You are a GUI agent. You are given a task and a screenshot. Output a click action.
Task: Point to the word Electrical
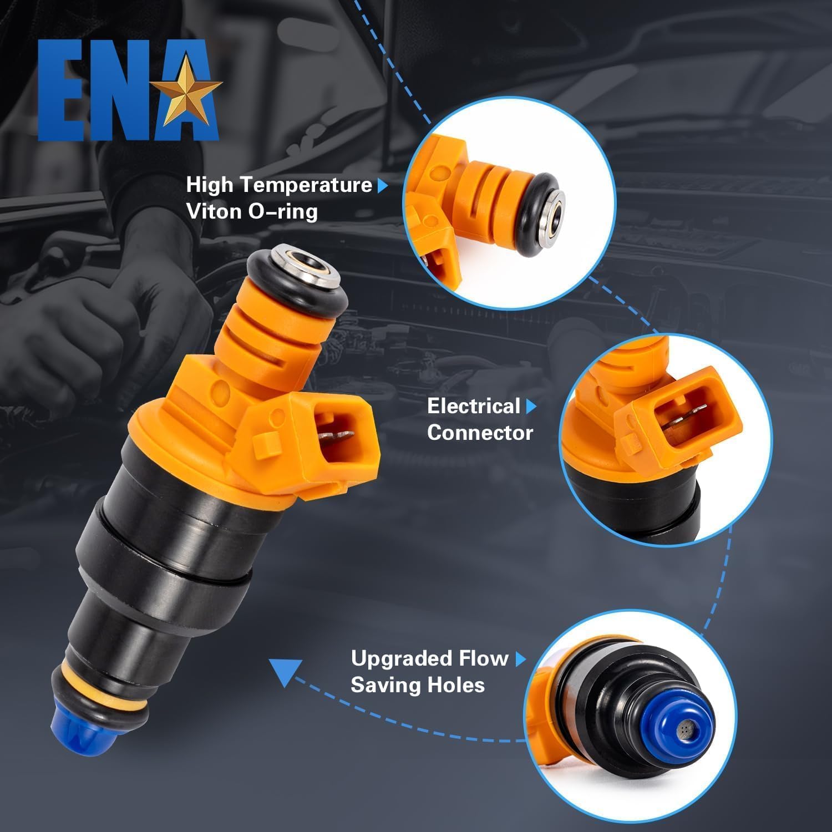[473, 406]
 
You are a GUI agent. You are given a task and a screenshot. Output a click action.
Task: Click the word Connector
[480, 433]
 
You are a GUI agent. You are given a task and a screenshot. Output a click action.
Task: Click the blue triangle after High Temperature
[382, 185]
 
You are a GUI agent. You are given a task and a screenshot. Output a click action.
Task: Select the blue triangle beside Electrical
[531, 407]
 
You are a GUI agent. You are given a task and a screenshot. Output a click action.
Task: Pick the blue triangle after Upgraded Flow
[520, 659]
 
